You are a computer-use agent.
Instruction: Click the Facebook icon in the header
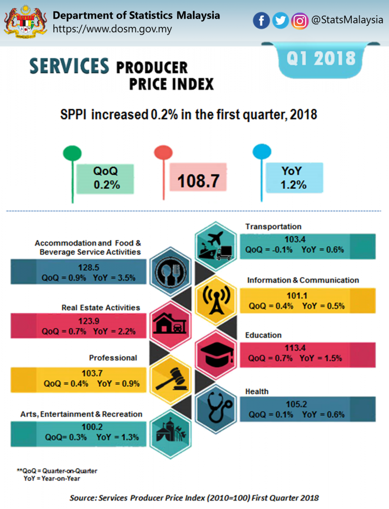click(x=262, y=21)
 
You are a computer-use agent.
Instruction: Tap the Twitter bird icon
click(x=280, y=21)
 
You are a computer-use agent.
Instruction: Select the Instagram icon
click(x=300, y=21)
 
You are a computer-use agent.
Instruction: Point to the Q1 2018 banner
click(x=321, y=58)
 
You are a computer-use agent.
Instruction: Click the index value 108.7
click(x=198, y=181)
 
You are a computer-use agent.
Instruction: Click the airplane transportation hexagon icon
click(x=215, y=246)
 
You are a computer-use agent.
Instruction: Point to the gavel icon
click(x=171, y=379)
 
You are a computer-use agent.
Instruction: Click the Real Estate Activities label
click(x=101, y=308)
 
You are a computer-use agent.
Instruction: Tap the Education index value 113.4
click(x=295, y=348)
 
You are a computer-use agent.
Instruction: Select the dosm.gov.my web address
click(x=112, y=29)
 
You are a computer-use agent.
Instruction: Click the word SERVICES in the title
click(x=69, y=67)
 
